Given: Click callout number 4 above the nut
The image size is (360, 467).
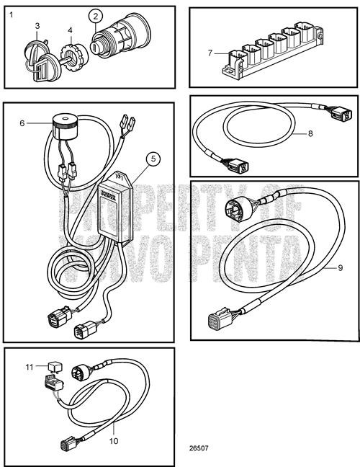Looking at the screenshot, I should click(x=71, y=30).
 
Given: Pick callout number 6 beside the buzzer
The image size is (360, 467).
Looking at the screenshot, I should click(x=22, y=123).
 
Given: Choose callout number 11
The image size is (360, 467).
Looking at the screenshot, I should click(x=30, y=367).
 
